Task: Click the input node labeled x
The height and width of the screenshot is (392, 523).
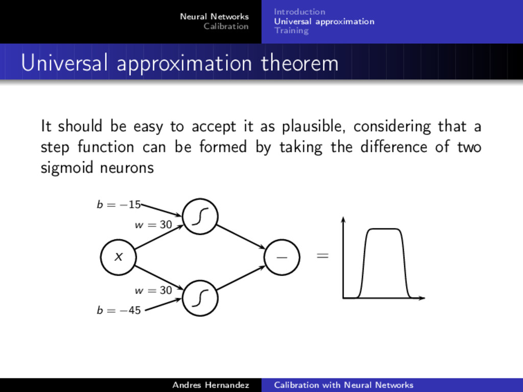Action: coord(118,257)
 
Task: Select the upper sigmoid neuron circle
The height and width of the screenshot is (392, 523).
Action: coord(200,216)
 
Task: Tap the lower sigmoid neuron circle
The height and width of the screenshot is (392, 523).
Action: coord(200,298)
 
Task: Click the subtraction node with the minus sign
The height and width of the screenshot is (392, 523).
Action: coord(282,257)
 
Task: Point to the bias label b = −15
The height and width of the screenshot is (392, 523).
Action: coord(118,205)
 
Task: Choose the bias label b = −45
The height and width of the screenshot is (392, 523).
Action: coord(118,310)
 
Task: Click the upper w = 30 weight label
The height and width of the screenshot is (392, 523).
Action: coord(153,224)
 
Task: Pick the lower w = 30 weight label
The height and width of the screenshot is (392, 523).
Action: coord(153,290)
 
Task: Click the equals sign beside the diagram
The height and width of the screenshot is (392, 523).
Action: coord(322,256)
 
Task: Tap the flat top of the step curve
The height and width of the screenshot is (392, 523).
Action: coord(384,229)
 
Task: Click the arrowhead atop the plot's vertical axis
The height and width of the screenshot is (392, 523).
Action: coord(344,219)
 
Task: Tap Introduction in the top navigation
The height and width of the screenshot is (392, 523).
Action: coord(299,12)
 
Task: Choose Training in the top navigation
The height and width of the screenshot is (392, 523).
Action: coord(291,31)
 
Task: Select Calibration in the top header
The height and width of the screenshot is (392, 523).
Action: coord(226,27)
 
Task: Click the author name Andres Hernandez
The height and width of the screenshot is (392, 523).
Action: coord(210,385)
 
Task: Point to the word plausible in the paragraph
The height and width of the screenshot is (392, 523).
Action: coord(314,126)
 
